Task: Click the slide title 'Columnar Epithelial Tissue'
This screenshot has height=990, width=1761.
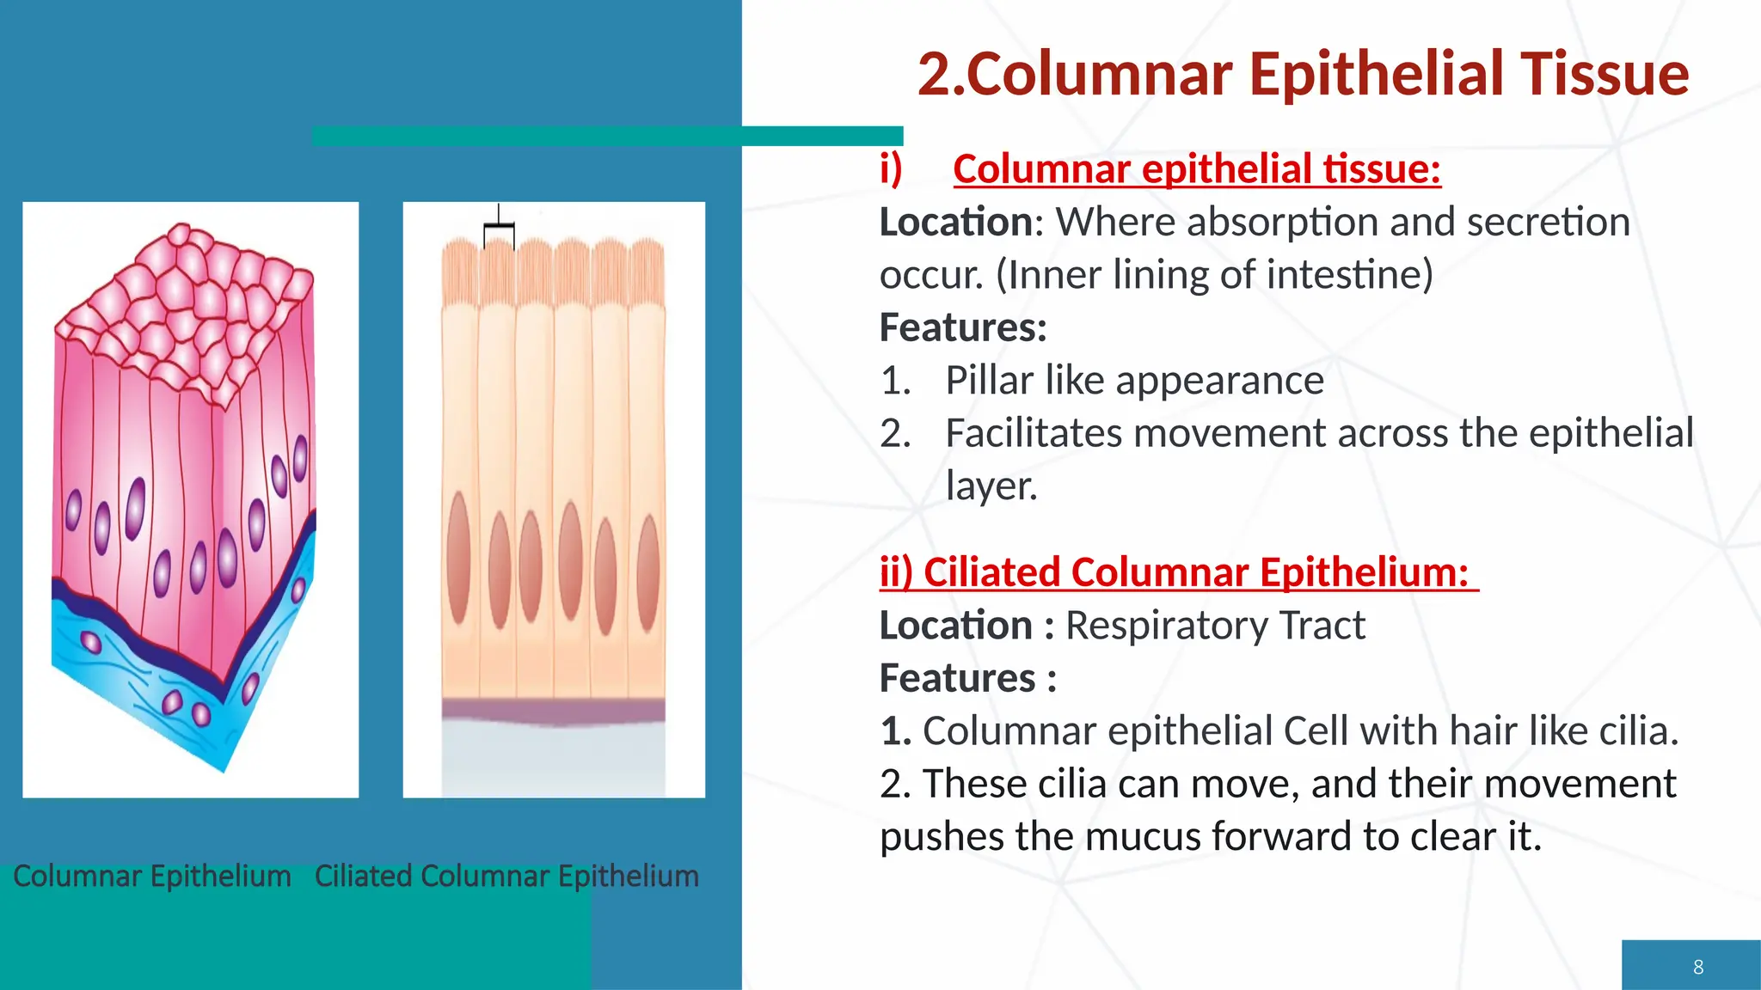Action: click(x=1303, y=75)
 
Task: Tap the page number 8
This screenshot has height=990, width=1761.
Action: click(x=1697, y=967)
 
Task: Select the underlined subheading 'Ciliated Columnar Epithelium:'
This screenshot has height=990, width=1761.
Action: click(x=1178, y=572)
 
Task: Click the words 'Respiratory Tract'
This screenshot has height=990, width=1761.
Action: click(x=1215, y=626)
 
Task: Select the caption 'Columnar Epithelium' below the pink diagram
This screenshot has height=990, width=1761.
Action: click(x=152, y=876)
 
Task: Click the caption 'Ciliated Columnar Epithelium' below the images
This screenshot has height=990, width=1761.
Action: click(x=506, y=876)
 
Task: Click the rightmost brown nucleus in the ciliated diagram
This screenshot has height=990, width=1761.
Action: click(x=648, y=572)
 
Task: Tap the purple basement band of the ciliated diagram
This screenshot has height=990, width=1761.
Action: click(x=553, y=712)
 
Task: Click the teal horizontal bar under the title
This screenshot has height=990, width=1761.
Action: click(x=606, y=136)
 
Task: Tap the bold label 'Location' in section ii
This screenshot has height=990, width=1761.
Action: click(x=955, y=626)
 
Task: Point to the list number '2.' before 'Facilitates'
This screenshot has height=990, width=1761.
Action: click(x=895, y=433)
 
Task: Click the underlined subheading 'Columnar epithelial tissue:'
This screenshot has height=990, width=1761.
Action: click(x=1196, y=169)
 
